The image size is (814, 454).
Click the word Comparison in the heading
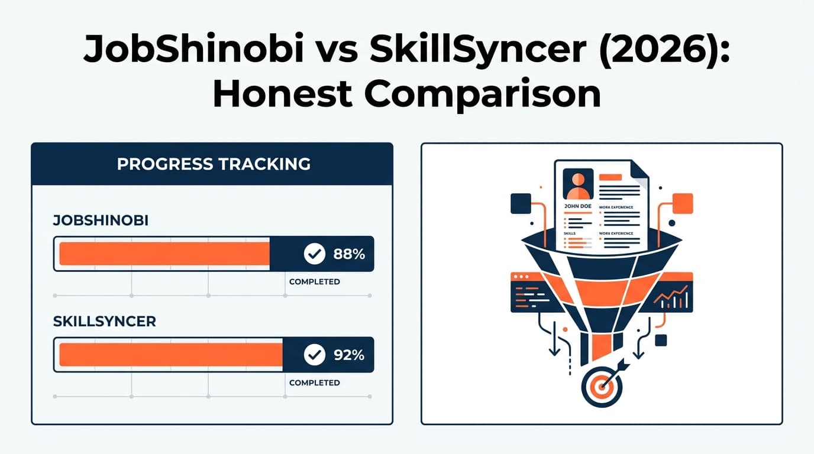(483, 95)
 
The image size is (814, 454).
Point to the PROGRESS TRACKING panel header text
(214, 164)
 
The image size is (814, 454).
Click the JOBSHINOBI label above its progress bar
(101, 221)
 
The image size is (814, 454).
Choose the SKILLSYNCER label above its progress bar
(104, 322)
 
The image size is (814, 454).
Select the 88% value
(349, 254)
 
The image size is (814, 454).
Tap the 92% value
(349, 355)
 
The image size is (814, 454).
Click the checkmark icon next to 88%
(314, 254)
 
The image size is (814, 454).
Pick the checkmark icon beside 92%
(314, 355)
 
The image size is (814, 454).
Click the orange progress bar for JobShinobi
(164, 254)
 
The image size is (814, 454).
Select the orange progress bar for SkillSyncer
(171, 355)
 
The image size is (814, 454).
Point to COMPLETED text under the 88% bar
(314, 282)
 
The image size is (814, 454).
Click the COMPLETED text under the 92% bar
(314, 383)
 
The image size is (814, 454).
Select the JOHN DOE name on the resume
(578, 206)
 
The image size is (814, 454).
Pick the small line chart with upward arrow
(673, 297)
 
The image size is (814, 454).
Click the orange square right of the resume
(683, 203)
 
